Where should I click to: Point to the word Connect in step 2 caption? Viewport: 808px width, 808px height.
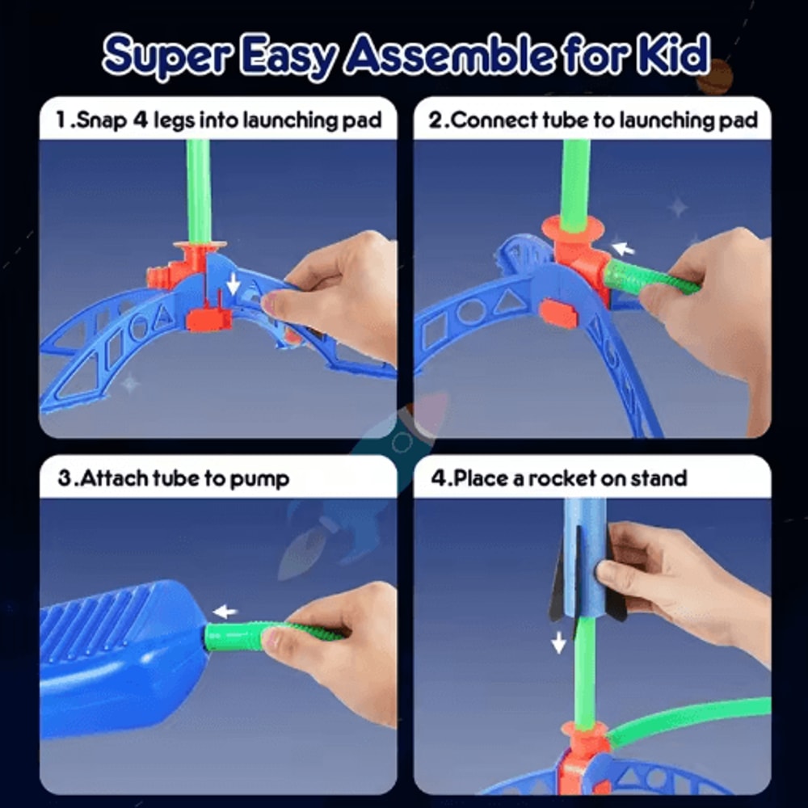(x=490, y=121)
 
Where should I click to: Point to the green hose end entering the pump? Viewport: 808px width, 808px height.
(x=230, y=637)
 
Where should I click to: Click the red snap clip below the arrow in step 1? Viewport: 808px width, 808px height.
(x=209, y=318)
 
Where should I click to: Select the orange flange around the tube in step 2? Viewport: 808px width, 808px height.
(x=574, y=230)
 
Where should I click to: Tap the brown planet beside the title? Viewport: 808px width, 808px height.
(x=714, y=78)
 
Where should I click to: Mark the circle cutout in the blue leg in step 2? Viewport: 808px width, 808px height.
(x=470, y=311)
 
